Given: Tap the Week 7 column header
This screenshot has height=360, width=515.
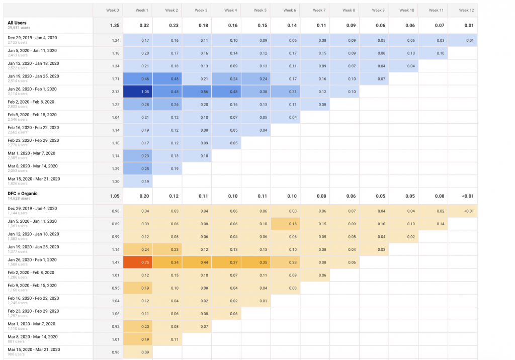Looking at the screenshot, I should (x=319, y=10).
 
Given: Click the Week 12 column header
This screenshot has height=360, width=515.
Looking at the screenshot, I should (x=466, y=10).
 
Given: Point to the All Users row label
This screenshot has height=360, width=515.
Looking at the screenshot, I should (x=17, y=23).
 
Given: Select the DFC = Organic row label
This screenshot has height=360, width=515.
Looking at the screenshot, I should (x=23, y=194).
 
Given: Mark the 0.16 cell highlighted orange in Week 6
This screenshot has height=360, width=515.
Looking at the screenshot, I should (x=285, y=224).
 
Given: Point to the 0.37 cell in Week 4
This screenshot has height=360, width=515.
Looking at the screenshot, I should (x=226, y=262).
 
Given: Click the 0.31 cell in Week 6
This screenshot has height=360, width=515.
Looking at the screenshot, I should (x=285, y=92).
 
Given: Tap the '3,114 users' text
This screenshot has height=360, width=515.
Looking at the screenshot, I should (x=17, y=94).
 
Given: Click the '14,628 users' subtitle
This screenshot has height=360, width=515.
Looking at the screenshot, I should (x=18, y=199).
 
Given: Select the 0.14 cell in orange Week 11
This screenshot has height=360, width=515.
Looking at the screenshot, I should (x=433, y=224).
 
